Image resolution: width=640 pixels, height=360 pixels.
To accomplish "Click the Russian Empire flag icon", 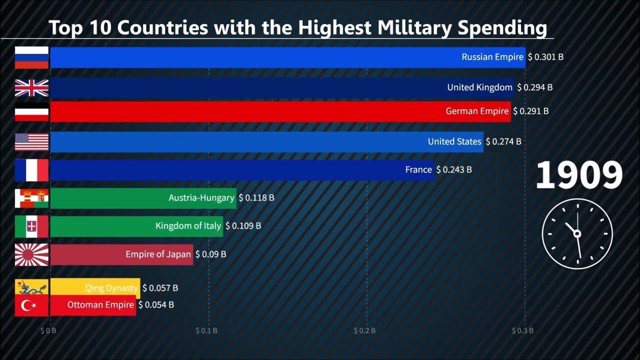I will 31,57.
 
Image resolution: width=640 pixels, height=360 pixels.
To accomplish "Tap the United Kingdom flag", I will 31,87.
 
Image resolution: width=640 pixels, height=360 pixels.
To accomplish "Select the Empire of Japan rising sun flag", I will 31,254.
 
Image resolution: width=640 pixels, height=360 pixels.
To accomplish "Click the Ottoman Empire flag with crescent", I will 31,305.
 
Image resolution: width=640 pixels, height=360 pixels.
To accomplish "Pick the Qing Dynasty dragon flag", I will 31,287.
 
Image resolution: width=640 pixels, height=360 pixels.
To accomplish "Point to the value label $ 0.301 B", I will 545,57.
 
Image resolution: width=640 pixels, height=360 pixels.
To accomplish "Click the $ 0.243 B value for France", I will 454,170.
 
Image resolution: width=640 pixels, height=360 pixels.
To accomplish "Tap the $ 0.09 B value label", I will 210,254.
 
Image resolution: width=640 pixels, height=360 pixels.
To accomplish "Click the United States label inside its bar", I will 454,141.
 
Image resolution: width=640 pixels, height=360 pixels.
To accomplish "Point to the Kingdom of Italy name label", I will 188,226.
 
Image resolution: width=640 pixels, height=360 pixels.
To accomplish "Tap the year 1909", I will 579,175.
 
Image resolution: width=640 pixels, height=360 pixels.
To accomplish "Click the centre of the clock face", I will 577,233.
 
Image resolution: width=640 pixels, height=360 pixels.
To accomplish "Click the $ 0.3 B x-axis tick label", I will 522,330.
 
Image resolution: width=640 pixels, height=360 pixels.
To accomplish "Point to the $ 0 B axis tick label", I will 48,330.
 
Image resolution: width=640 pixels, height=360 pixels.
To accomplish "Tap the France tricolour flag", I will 31,170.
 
